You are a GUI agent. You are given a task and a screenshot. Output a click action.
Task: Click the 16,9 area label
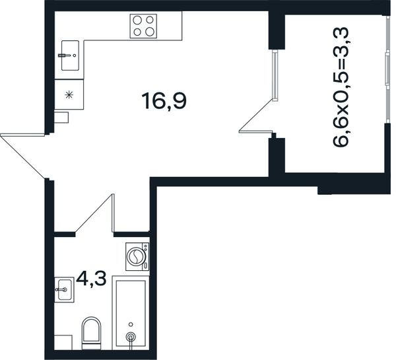click(x=164, y=101)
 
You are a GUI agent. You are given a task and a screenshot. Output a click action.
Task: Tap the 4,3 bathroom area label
click(x=91, y=279)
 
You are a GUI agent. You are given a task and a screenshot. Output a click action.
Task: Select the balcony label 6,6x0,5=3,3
click(x=341, y=87)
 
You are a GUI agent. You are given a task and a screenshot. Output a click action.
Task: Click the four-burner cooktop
click(x=143, y=26)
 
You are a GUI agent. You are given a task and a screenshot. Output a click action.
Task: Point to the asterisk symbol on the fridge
click(x=69, y=95)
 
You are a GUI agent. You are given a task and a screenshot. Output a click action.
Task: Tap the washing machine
click(x=137, y=256)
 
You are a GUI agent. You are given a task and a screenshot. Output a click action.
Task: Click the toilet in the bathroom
click(x=91, y=333)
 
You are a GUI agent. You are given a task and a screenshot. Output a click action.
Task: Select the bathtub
click(x=131, y=313)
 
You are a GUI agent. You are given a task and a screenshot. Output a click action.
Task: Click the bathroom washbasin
click(x=65, y=290)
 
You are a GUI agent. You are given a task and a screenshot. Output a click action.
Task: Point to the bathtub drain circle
click(x=131, y=336)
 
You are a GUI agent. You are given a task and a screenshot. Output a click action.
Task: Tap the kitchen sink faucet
click(x=65, y=55)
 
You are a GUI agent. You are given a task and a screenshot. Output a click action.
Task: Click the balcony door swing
click(x=255, y=116)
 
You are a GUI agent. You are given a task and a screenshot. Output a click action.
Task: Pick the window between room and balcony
click(x=275, y=75)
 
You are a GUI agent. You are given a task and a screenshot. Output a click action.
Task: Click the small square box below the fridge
click(x=61, y=118)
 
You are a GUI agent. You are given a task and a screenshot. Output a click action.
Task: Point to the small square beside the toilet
click(x=63, y=343)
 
